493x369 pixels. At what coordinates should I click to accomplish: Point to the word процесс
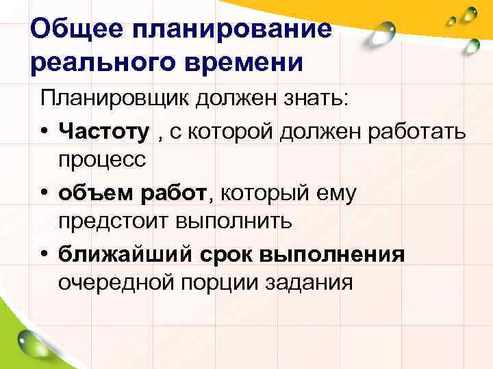click(x=103, y=160)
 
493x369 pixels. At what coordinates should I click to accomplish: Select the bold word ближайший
click(x=125, y=254)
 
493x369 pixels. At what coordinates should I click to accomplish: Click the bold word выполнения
click(x=337, y=254)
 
